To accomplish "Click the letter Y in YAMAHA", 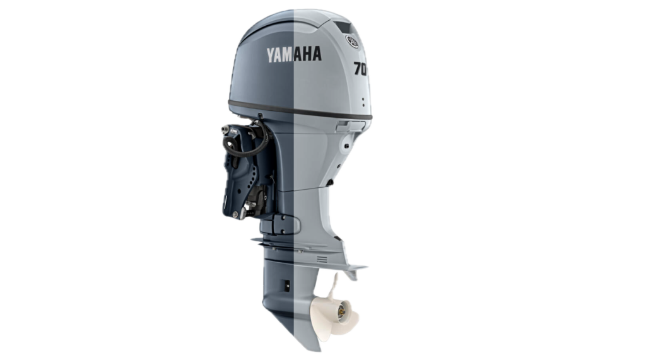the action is pyautogui.click(x=271, y=55).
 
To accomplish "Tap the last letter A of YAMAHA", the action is pyautogui.click(x=317, y=54).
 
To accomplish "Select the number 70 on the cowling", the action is pyautogui.click(x=360, y=68).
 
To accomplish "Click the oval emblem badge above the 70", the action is pyautogui.click(x=352, y=42).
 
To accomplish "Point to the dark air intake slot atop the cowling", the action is pyautogui.click(x=344, y=28).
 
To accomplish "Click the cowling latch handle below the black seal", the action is pyautogui.click(x=350, y=127).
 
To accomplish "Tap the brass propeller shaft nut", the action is pyautogui.click(x=341, y=314).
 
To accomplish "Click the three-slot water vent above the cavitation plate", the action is pyautogui.click(x=322, y=259).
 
